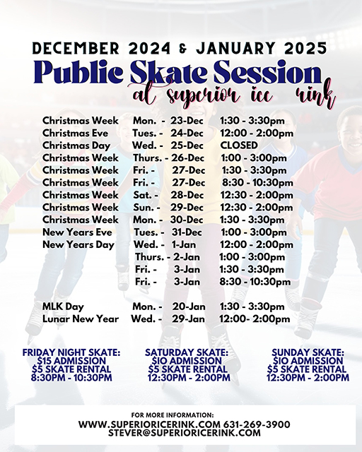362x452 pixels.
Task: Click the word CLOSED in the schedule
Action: point(238,145)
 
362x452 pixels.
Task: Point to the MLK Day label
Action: point(63,307)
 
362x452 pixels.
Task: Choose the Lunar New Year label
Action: point(81,319)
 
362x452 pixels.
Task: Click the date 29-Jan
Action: point(188,319)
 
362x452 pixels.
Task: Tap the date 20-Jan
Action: point(188,307)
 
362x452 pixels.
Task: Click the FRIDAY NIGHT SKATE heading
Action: point(71,352)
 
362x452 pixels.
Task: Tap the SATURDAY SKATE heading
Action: point(187,352)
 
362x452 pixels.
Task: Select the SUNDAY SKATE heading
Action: point(308,352)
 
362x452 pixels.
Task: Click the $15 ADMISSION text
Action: point(71,360)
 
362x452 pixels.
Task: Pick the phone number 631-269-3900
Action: point(258,424)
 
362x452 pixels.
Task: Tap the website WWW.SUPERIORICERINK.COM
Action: point(148,424)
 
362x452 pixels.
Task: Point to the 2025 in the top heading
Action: point(300,48)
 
